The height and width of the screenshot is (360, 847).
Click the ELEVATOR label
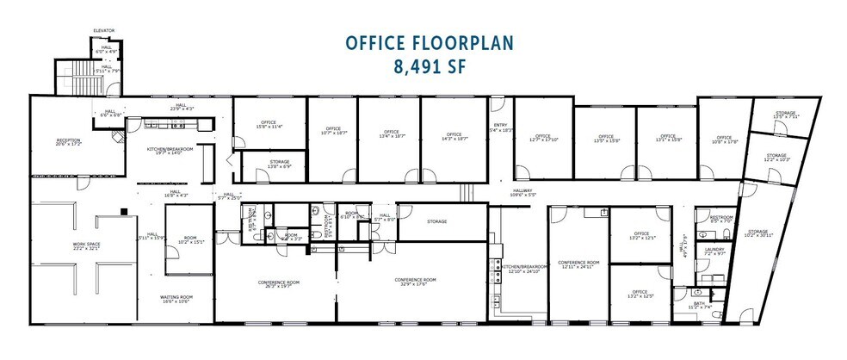click(x=104, y=31)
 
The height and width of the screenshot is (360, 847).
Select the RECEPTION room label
click(x=68, y=142)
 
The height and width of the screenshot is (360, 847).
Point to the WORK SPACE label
click(x=87, y=246)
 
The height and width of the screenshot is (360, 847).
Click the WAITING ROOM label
click(x=176, y=299)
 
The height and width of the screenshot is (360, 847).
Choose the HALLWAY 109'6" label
click(x=523, y=192)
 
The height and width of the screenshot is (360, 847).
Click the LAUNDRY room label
click(x=714, y=251)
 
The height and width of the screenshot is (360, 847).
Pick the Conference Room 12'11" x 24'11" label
click(x=578, y=264)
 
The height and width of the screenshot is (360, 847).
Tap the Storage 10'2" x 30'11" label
click(x=757, y=233)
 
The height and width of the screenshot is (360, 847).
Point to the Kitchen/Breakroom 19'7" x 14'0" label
click(x=169, y=150)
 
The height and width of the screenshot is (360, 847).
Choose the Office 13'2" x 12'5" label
click(x=640, y=295)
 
